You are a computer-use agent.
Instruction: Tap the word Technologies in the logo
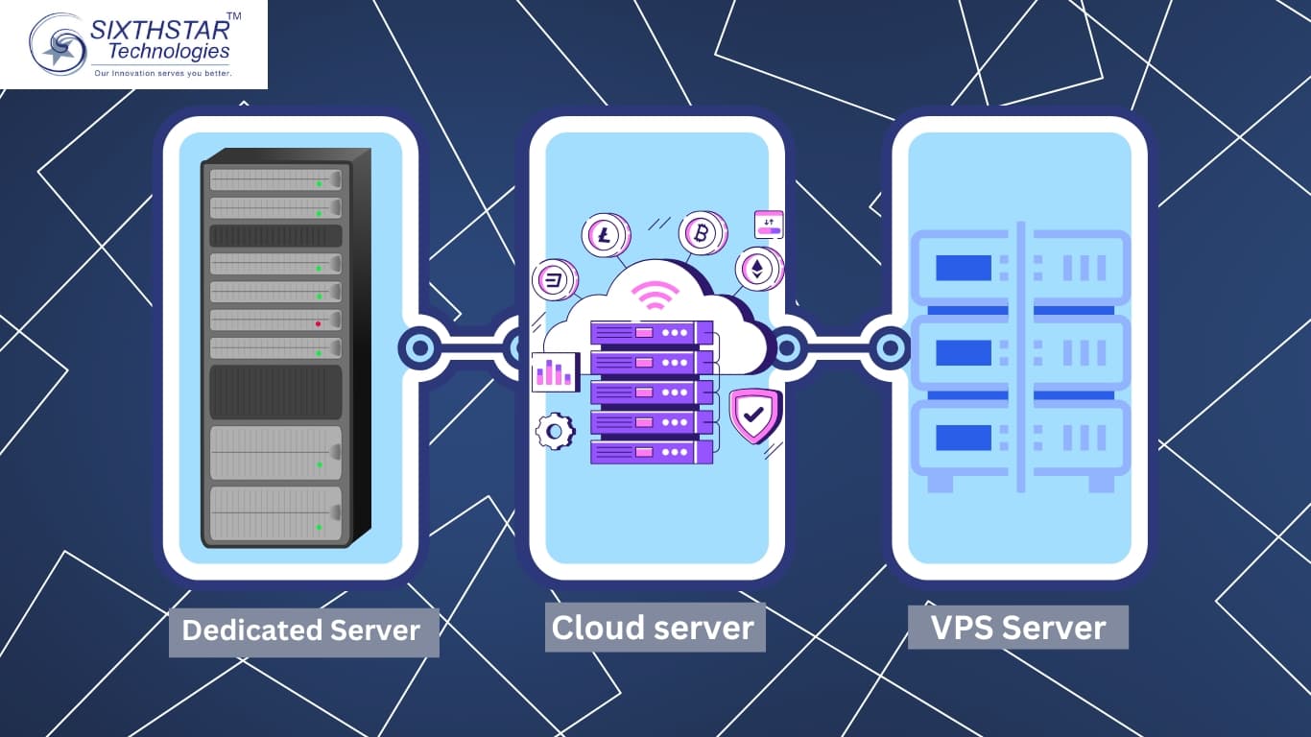point(169,52)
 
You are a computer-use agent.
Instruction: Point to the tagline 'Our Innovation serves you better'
point(162,73)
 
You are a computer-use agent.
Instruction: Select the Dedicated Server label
point(301,630)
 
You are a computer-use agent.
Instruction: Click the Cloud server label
point(654,628)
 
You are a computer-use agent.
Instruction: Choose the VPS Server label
point(1018,628)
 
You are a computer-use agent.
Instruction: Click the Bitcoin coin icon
point(702,234)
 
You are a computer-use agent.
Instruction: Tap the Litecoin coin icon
point(604,236)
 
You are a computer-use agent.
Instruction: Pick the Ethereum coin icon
point(757,269)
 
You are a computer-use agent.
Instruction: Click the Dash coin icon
point(554,281)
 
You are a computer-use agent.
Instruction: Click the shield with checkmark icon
point(753,416)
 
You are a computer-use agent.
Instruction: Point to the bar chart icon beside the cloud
point(555,371)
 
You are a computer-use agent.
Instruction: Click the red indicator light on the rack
point(318,323)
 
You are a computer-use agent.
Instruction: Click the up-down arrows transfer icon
point(769,225)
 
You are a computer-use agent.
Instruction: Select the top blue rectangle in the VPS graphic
point(963,268)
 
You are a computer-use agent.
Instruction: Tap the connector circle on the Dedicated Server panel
point(420,347)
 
